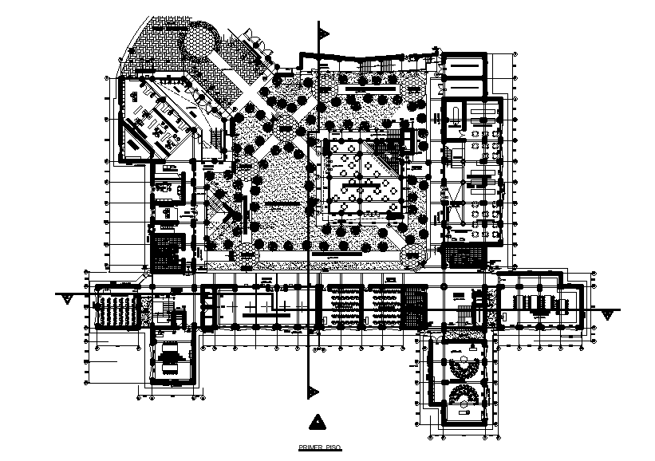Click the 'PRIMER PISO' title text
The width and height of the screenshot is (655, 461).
[x=319, y=448]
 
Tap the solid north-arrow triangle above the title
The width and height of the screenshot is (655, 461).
[x=318, y=421]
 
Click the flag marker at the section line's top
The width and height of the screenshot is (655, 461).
[x=324, y=33]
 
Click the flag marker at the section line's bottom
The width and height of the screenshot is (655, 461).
[x=314, y=391]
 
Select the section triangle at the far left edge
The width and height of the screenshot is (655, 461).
[x=68, y=299]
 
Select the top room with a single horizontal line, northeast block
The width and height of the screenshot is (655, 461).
[x=463, y=65]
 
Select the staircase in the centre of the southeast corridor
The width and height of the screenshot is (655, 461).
[x=464, y=307]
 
